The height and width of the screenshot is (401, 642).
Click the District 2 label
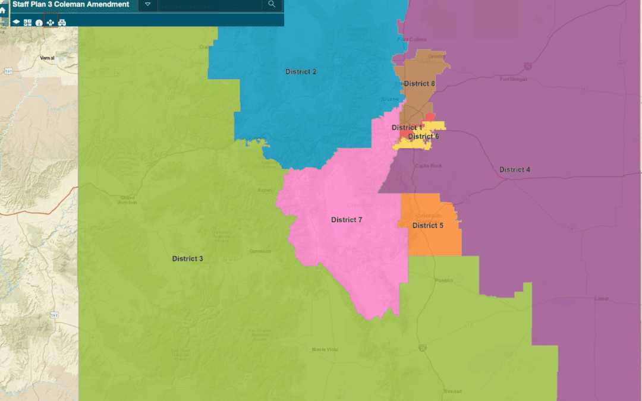coord(301,72)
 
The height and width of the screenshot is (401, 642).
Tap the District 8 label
coord(419,84)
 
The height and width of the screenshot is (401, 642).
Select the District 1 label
coord(407,128)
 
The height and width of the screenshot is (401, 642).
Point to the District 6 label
coord(423,137)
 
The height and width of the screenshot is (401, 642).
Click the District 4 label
coord(515,170)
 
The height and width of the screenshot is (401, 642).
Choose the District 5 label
coord(427,226)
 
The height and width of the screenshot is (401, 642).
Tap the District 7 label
coord(347,220)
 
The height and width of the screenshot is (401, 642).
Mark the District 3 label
coord(188,259)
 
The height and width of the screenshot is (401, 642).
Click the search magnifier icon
coord(272,5)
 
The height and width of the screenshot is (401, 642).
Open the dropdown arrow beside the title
coord(147,5)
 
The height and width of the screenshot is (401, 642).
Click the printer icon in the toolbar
coord(62,23)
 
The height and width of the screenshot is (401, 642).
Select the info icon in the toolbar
coord(39,23)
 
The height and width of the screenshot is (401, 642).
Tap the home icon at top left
coord(3,10)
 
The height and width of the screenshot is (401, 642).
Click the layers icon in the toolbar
coord(17,23)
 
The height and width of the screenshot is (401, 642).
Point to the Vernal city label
coord(47,58)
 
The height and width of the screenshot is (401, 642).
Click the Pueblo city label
coord(443,280)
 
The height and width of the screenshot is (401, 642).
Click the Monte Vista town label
coord(325,349)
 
